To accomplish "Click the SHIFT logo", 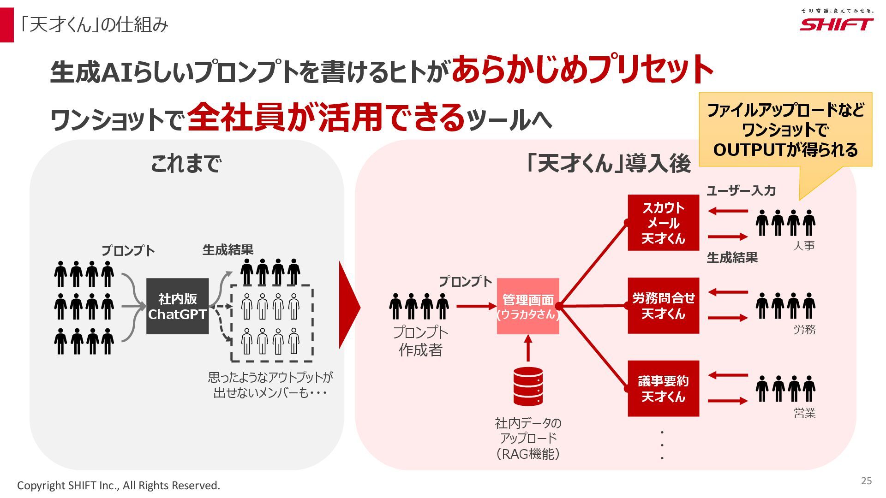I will click(836, 23).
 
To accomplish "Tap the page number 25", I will click(866, 481).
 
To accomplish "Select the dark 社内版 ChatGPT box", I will click(177, 306).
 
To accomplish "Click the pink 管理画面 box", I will click(528, 306).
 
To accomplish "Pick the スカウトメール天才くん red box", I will click(663, 223).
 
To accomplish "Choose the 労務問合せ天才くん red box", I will click(663, 306).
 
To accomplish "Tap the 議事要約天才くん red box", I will click(663, 389).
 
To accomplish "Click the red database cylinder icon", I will click(528, 386).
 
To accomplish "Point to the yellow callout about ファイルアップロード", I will click(785, 130).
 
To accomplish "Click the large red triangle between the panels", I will click(349, 306).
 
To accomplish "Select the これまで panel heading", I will click(186, 164).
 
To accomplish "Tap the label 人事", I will click(804, 246).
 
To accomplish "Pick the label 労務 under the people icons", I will click(804, 330).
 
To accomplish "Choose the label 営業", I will click(804, 413).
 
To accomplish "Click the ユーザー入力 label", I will click(741, 191).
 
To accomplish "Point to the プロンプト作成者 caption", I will click(420, 341).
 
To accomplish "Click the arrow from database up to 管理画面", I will click(528, 349).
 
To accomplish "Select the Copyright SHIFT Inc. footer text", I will click(119, 486).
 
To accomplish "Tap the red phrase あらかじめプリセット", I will click(582, 69).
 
